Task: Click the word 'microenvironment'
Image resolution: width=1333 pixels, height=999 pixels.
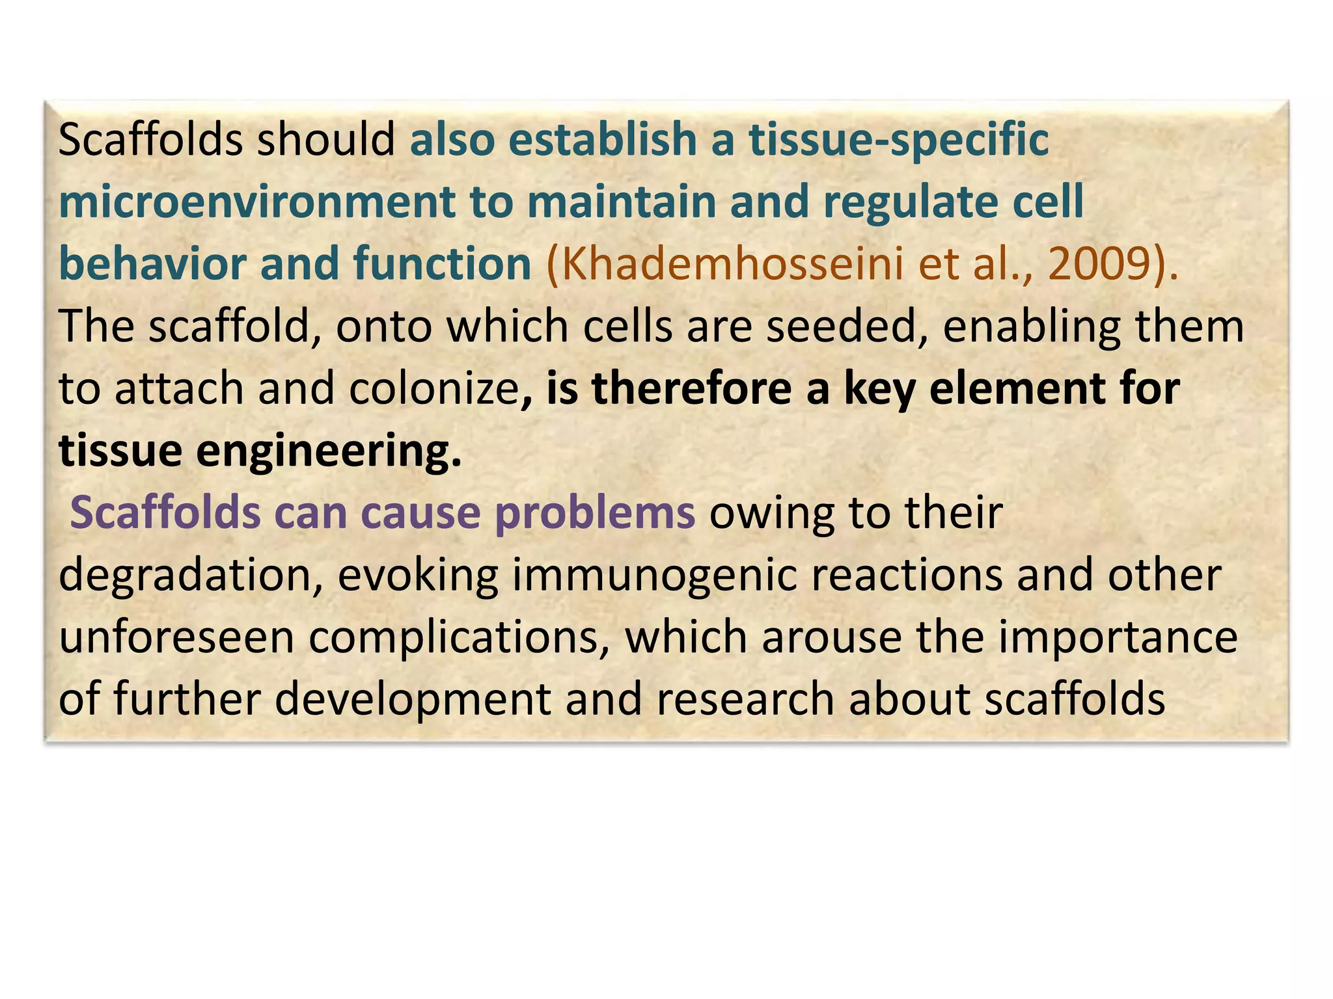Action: (256, 202)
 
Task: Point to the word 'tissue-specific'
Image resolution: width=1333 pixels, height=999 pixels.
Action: (899, 140)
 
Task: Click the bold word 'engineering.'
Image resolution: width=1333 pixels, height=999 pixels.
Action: (329, 452)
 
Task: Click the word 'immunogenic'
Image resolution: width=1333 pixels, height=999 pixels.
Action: (655, 576)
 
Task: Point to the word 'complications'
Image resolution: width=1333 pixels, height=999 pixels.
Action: (453, 639)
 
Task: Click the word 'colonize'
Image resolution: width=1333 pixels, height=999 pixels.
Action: (433, 389)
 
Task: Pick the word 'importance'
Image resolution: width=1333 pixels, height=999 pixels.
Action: (1118, 639)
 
